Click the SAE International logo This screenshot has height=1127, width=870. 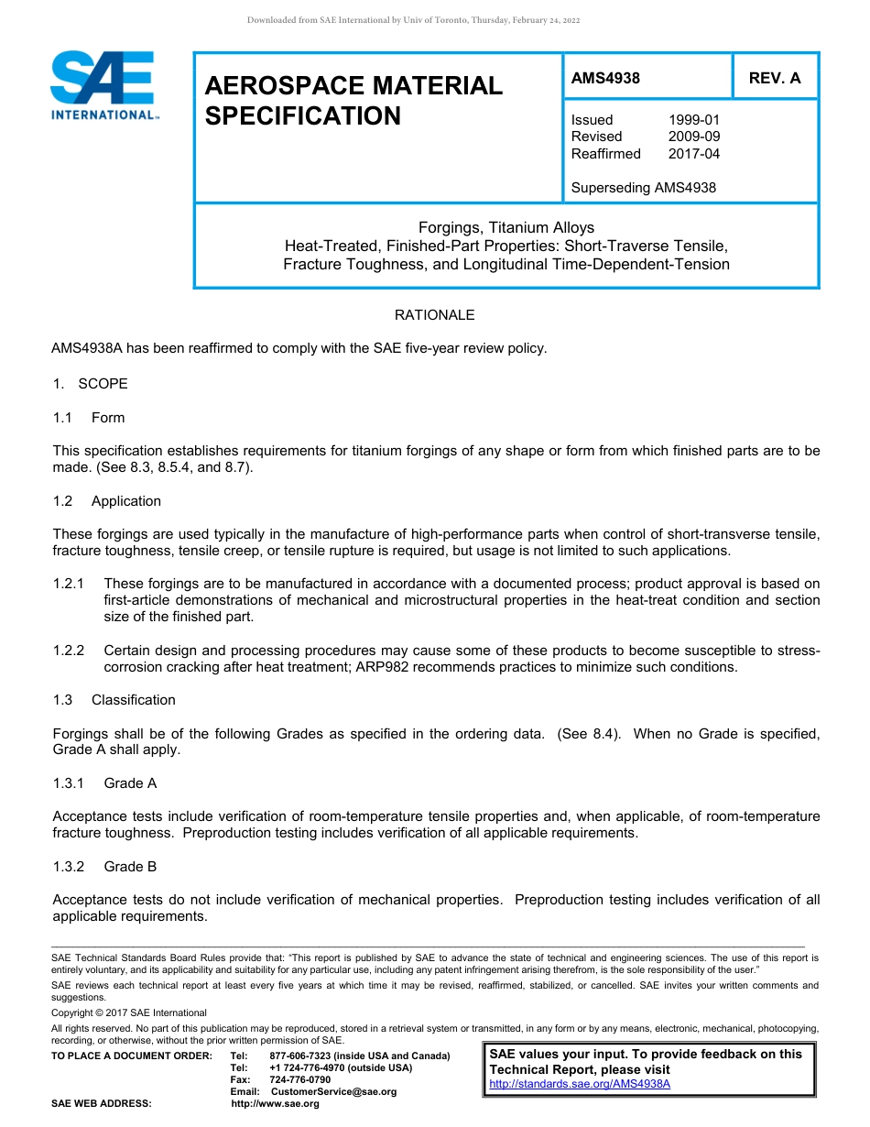[104, 85]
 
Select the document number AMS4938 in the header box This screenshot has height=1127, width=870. [605, 78]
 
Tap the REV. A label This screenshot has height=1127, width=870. [774, 78]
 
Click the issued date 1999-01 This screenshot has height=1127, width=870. [693, 120]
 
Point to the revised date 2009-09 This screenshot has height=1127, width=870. [693, 137]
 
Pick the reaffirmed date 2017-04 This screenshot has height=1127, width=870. [693, 154]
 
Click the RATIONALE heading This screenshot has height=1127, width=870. [434, 314]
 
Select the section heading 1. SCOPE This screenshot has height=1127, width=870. [91, 384]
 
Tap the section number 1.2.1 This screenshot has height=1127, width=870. [69, 584]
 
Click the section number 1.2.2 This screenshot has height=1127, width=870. [69, 651]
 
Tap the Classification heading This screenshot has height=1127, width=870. [133, 700]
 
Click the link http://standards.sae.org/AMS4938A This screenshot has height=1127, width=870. [580, 1084]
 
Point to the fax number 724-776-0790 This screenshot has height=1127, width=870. [300, 1079]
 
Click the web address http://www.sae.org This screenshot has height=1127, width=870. [275, 1103]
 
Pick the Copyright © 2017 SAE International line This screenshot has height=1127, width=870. [129, 1012]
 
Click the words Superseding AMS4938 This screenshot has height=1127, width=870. [643, 188]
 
